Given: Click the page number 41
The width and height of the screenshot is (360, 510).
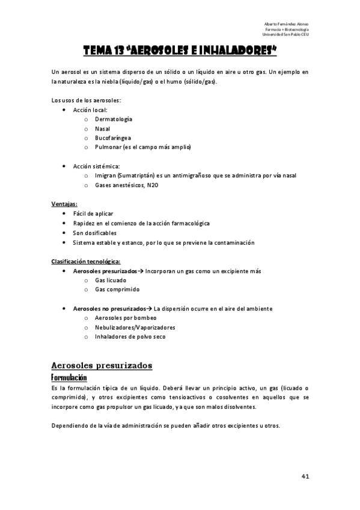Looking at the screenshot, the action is click(x=305, y=476).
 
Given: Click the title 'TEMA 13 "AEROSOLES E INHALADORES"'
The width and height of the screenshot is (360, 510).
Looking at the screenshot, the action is click(x=180, y=52).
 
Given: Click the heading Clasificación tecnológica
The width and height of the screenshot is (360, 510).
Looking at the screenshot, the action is click(x=86, y=262).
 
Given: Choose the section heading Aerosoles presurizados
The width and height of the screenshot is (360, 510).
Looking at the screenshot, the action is click(x=102, y=365).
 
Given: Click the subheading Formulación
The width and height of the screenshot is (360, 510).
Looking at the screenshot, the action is click(x=69, y=377).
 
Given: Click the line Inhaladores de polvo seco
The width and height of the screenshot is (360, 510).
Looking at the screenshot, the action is click(x=130, y=337).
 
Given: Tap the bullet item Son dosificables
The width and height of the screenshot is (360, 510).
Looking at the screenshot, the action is click(x=94, y=233).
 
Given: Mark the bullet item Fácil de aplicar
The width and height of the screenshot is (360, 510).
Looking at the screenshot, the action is click(x=93, y=214).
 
